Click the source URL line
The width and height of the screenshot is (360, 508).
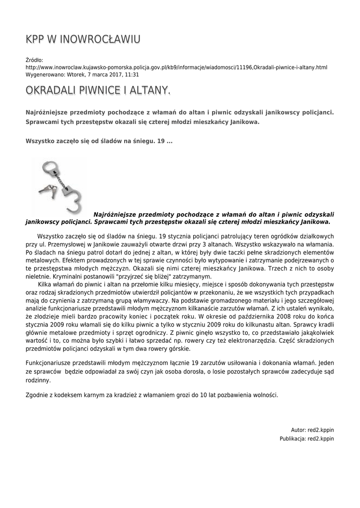click(176, 67)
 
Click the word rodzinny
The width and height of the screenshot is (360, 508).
click(38, 381)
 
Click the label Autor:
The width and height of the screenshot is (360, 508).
click(298, 430)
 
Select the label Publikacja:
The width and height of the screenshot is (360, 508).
click(292, 439)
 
